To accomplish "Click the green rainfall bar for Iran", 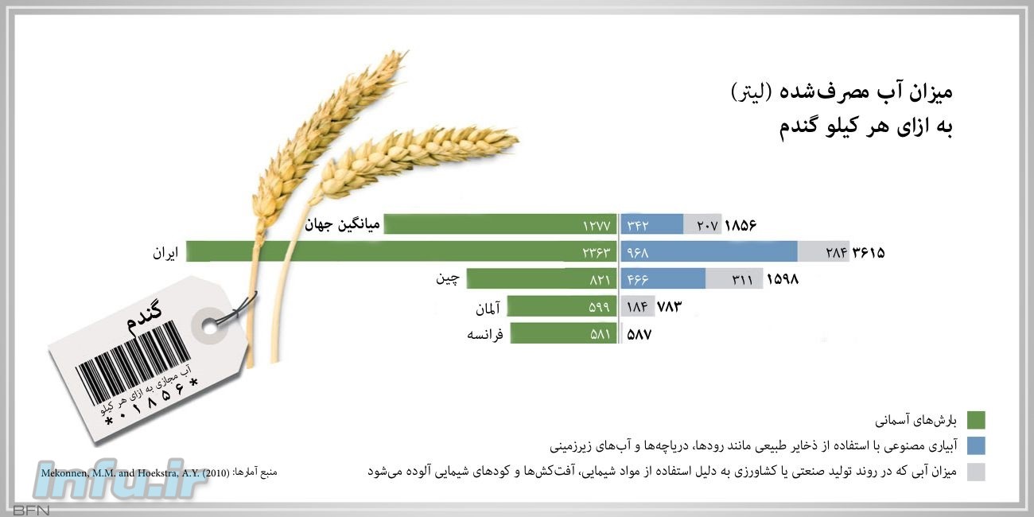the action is [402, 251].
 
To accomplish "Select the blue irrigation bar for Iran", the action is [709, 251].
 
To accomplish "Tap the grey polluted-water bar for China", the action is [734, 279].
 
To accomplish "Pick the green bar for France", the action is [564, 333].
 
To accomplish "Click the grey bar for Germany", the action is [637, 306].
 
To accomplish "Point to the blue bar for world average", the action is [651, 224].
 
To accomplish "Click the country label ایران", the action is [165, 253].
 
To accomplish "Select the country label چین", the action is [448, 279].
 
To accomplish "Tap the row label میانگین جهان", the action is [342, 225].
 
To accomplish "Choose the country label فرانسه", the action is [484, 334].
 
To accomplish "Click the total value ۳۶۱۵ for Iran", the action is [869, 252].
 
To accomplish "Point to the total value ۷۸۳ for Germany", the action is [670, 306].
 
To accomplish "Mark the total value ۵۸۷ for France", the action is [639, 334].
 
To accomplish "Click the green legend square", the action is [976, 420].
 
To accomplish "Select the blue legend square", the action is [976, 446].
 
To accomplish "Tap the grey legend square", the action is [976, 472].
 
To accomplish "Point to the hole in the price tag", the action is [211, 326].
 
